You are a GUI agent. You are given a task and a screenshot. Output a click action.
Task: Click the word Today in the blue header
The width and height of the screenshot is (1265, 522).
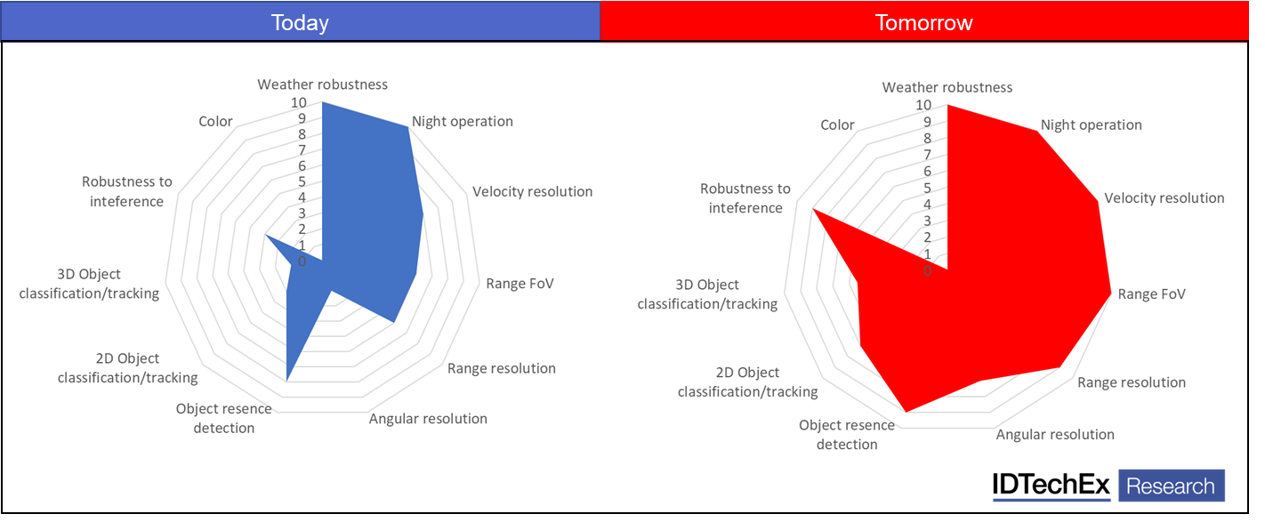point(300,22)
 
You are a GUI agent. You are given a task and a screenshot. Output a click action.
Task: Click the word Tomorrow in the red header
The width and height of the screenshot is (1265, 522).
point(923,22)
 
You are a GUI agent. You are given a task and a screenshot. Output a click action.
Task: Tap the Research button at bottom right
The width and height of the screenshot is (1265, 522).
point(1171,486)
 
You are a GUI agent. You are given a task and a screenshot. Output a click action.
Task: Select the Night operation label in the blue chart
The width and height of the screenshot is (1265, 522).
point(463,121)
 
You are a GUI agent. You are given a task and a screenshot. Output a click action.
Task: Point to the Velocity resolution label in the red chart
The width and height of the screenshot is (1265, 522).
point(1164,197)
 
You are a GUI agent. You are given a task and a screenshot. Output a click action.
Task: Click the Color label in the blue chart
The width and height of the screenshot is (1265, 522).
point(215,121)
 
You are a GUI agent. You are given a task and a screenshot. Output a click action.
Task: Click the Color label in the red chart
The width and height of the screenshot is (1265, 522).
point(837,124)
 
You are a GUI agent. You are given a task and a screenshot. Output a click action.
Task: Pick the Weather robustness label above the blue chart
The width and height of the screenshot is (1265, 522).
point(323,84)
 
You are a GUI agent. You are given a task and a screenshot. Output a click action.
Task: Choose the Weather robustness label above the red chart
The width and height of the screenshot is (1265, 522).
point(947,87)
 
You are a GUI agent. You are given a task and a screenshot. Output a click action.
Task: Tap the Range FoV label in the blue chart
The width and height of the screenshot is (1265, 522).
point(520,284)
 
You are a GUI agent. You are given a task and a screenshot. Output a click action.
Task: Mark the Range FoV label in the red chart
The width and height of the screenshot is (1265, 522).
point(1152,293)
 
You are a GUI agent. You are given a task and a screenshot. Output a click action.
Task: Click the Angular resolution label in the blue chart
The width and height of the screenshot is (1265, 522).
point(428,418)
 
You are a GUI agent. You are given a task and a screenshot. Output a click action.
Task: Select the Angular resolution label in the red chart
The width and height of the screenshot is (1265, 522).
point(1055,434)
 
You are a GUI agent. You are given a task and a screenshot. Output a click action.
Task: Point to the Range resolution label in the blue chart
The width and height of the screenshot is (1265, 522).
point(502,368)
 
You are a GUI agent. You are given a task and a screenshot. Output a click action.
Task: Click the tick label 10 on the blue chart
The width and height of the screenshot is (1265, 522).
point(299,102)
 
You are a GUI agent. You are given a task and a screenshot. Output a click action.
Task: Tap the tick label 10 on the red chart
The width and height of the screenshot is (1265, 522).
point(923,105)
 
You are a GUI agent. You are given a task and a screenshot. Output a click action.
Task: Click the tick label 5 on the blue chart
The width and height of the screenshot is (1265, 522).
point(302,181)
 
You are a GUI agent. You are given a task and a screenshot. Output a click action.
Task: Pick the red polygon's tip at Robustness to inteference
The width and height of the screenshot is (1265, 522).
point(812,210)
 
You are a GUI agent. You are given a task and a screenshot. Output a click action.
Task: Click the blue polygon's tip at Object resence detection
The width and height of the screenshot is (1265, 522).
point(286,381)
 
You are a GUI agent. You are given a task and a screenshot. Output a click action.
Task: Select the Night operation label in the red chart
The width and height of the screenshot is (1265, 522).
point(1092,124)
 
